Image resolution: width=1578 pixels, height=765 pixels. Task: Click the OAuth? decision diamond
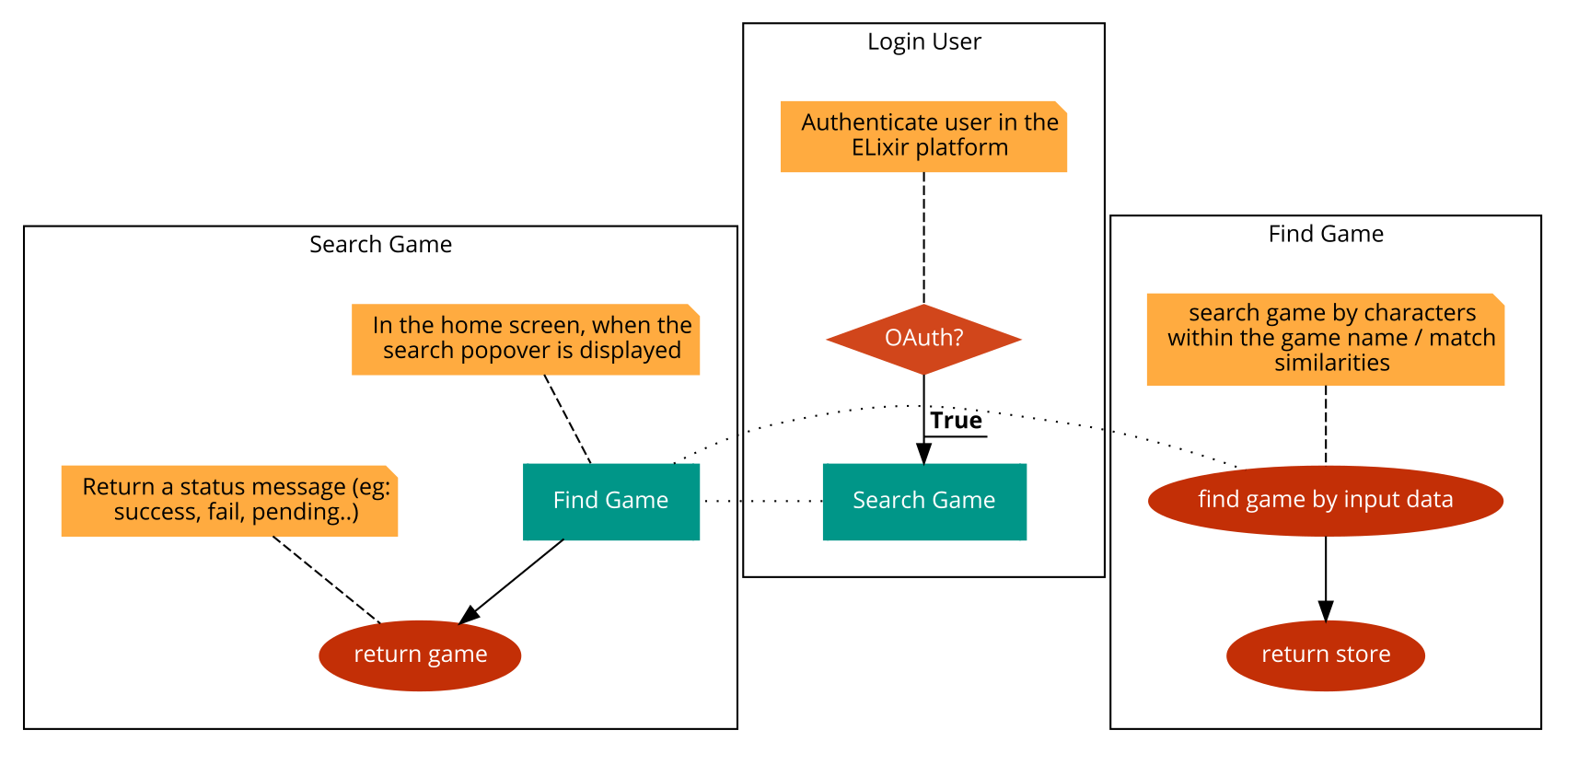point(923,339)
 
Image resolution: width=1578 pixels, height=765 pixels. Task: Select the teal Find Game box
point(611,501)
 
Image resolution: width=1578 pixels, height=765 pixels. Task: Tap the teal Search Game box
point(924,501)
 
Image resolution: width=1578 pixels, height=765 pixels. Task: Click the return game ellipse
point(420,655)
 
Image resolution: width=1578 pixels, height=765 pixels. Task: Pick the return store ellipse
point(1326,655)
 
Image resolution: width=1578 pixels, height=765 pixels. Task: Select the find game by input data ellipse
point(1326,500)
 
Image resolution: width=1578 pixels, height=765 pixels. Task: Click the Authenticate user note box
point(923,136)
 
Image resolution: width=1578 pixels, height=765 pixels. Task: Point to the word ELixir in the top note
point(879,147)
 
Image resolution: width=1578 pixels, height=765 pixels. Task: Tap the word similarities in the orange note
point(1332,363)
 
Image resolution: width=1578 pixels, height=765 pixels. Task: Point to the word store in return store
point(1363,655)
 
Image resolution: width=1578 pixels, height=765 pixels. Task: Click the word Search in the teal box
point(881,500)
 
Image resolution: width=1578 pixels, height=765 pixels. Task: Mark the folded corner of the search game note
point(1499,299)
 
